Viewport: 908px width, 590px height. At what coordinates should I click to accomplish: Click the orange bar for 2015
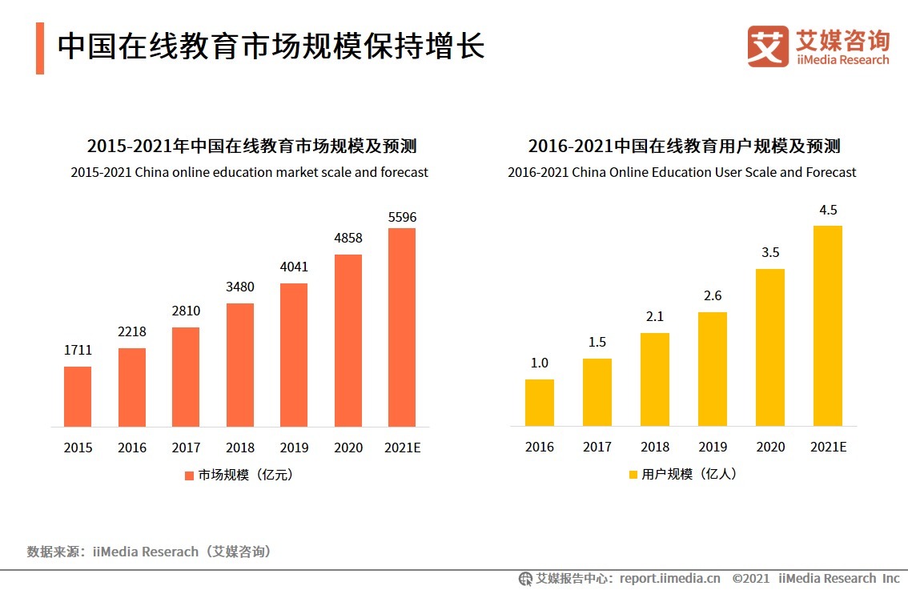pyautogui.click(x=78, y=396)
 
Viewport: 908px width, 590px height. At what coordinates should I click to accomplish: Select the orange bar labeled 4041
pyautogui.click(x=294, y=355)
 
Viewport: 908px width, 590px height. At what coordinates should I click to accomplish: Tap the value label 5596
pyautogui.click(x=402, y=217)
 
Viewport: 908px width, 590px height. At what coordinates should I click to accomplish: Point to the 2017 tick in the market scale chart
pyautogui.click(x=186, y=448)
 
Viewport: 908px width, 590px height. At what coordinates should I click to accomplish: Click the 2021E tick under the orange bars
pyautogui.click(x=402, y=448)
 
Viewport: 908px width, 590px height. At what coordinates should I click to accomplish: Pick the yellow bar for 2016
pyautogui.click(x=540, y=402)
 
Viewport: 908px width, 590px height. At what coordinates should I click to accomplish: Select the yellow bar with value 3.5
pyautogui.click(x=770, y=347)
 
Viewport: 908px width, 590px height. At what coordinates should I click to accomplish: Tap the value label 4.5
pyautogui.click(x=828, y=211)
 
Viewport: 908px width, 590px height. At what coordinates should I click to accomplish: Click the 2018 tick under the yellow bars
pyautogui.click(x=655, y=447)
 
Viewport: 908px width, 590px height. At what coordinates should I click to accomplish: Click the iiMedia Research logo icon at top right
pyautogui.click(x=768, y=46)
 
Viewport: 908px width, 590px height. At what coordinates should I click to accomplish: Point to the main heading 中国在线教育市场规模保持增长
pyautogui.click(x=271, y=46)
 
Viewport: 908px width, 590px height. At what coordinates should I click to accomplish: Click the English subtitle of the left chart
pyautogui.click(x=249, y=172)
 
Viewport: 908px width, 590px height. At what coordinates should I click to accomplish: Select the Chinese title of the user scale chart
pyautogui.click(x=683, y=146)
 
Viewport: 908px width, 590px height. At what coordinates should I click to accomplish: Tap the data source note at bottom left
pyautogui.click(x=149, y=552)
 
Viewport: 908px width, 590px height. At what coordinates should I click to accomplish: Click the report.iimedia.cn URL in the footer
pyautogui.click(x=669, y=578)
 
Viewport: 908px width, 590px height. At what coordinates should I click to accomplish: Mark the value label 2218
pyautogui.click(x=132, y=332)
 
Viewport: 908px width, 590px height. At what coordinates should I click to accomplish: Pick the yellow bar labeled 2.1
pyautogui.click(x=655, y=379)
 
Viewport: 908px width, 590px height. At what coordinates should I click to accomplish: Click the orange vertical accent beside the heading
pyautogui.click(x=40, y=48)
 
